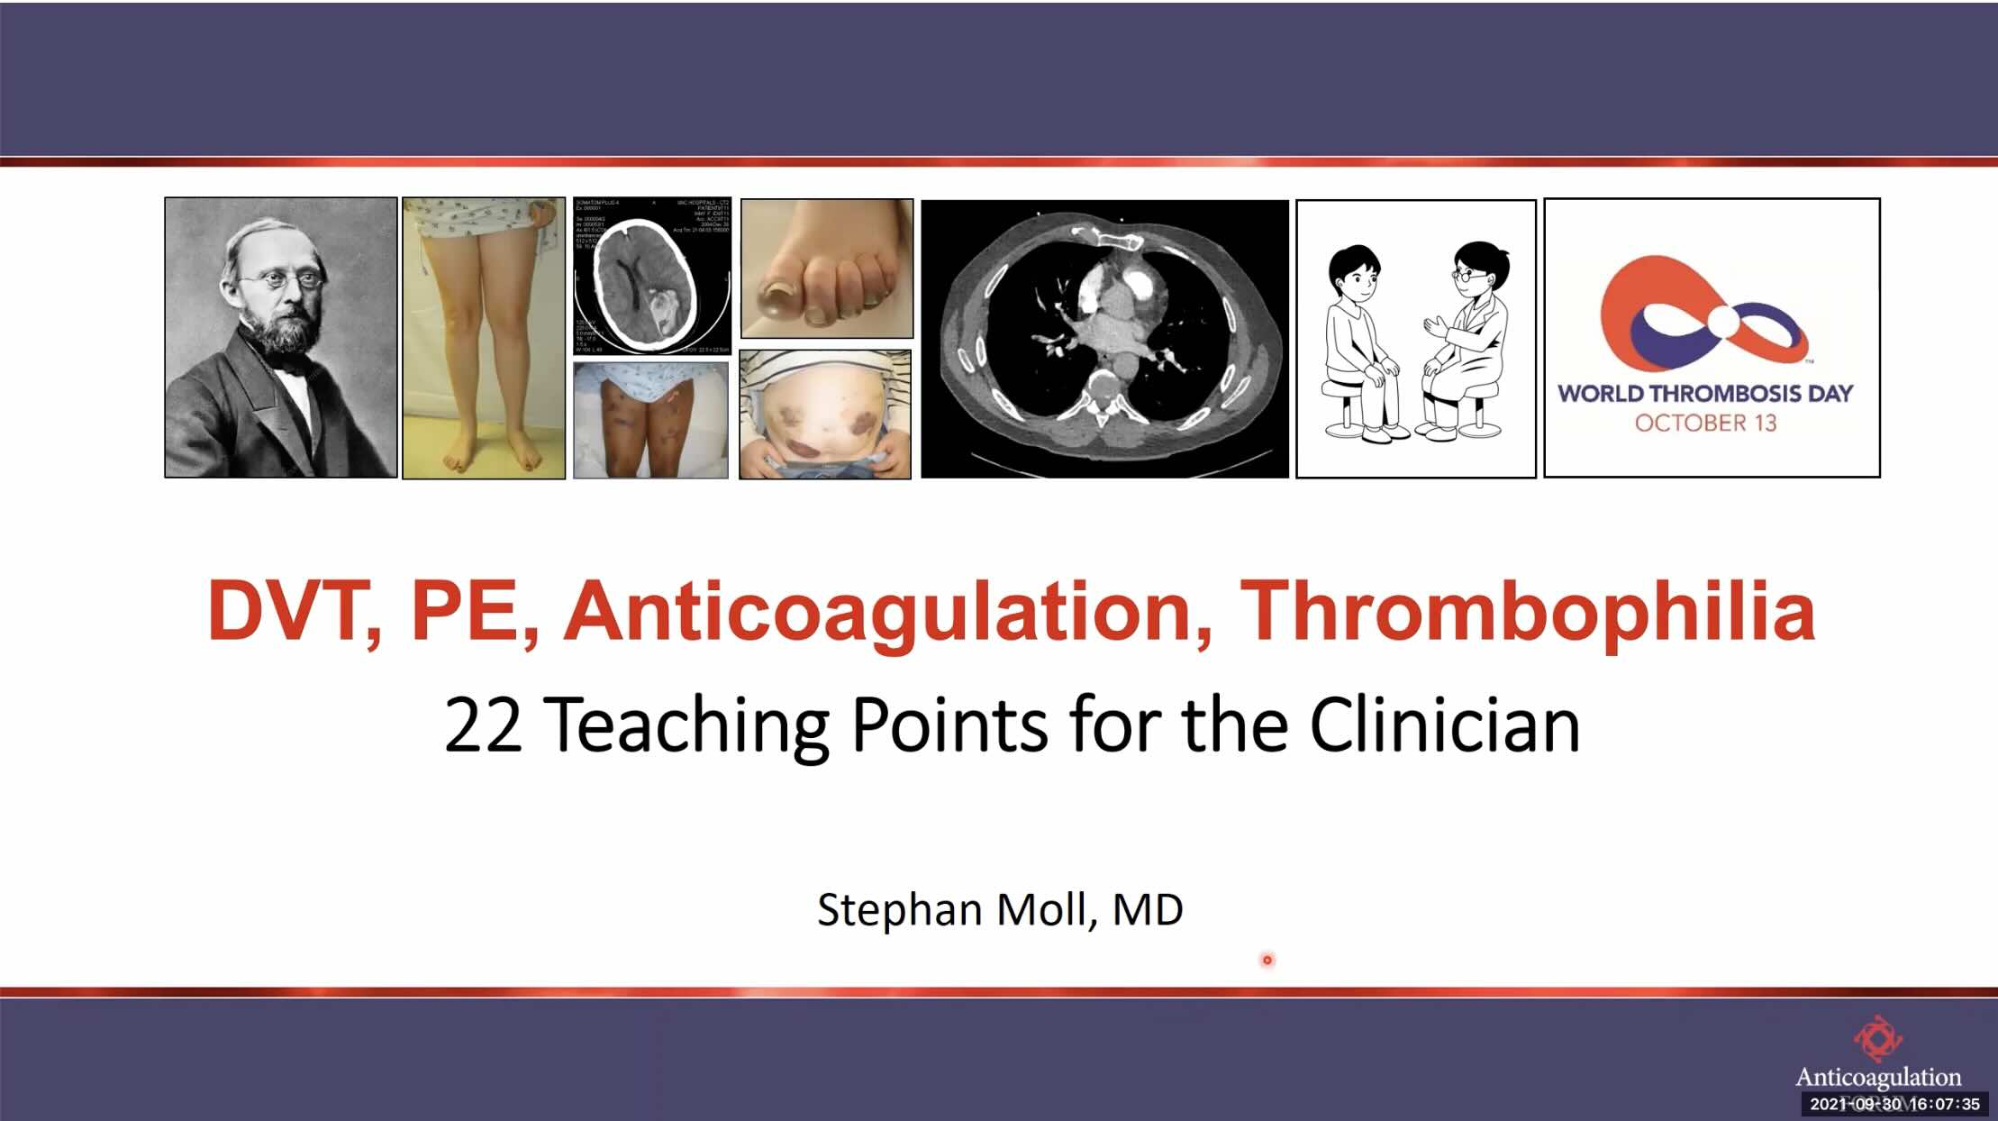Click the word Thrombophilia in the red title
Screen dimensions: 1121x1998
tap(1527, 612)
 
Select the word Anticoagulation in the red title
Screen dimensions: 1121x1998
tap(887, 612)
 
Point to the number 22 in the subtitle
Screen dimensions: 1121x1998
tap(483, 725)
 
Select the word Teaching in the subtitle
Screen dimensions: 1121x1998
tap(686, 725)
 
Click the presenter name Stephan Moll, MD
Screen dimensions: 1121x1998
tap(1000, 909)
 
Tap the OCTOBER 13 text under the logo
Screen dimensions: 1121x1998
tap(1705, 423)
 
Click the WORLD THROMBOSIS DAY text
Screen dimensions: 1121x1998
tap(1705, 393)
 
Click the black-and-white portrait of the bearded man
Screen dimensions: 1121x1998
tap(280, 337)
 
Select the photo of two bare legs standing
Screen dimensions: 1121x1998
tap(484, 338)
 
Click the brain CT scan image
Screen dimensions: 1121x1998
tap(652, 276)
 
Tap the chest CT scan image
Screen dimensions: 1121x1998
tap(1104, 339)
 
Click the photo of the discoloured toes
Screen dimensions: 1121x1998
tap(826, 269)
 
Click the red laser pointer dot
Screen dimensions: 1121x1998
tap(1267, 960)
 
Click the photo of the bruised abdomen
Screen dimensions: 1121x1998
tap(824, 415)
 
